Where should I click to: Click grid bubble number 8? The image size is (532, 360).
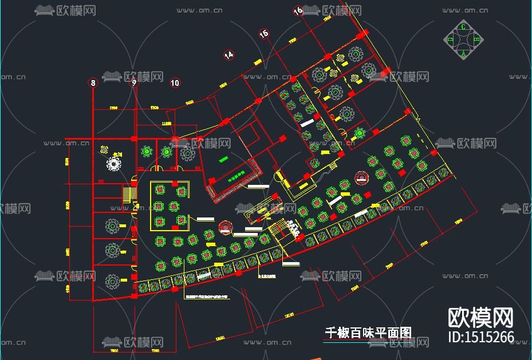pos(93,83)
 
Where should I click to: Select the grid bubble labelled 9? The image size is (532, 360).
pos(135,83)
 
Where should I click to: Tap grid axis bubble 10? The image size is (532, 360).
pos(175,83)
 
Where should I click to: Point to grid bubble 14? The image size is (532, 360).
pos(229,55)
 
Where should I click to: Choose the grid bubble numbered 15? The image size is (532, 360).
pos(263,34)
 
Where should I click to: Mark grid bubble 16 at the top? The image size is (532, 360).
pos(298,11)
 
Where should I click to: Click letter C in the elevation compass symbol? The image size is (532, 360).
pos(463,26)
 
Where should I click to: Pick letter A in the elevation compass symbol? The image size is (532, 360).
pos(463,53)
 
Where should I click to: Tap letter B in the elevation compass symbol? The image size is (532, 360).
pos(477,39)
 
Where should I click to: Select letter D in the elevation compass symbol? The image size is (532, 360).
pos(450,39)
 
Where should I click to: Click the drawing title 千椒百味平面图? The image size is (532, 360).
pos(368,333)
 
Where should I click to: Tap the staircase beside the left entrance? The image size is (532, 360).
pos(128,196)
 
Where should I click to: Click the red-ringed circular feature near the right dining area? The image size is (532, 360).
pos(362,177)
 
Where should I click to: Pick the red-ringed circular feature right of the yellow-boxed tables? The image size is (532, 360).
pos(226,227)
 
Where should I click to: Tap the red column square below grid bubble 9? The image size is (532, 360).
pos(135,139)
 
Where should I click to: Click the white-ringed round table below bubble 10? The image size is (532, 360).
pos(187,153)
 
